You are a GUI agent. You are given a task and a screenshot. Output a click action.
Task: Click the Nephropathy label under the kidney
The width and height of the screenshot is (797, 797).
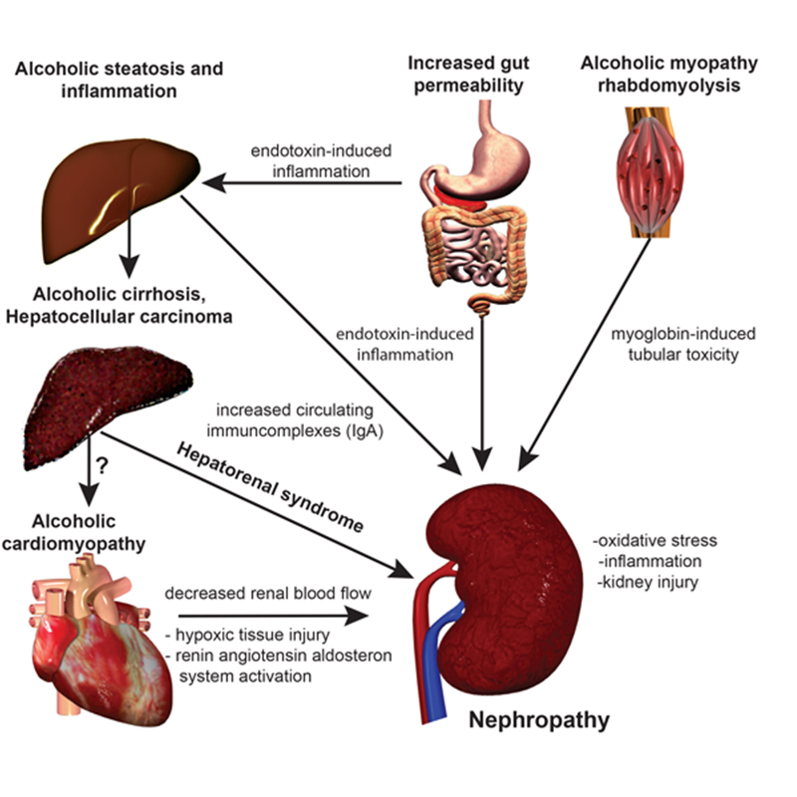[x=539, y=720]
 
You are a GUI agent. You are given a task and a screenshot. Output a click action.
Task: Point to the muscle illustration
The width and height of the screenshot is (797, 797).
[x=650, y=171]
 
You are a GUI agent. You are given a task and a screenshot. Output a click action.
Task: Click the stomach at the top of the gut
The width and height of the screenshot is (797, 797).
[x=495, y=152]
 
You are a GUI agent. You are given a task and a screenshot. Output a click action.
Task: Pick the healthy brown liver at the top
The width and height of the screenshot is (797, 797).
[x=120, y=198]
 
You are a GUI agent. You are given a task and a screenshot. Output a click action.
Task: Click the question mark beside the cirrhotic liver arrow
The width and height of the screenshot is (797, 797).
[x=103, y=465]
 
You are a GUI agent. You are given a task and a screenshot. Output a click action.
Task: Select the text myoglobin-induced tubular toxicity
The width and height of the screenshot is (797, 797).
[x=683, y=344]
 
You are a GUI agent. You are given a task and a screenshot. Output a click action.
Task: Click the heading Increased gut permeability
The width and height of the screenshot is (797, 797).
[x=468, y=74]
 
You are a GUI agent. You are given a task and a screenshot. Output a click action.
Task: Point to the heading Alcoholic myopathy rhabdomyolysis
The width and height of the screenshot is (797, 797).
[x=668, y=74]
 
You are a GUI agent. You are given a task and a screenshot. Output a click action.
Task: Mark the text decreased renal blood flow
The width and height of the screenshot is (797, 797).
[x=268, y=593]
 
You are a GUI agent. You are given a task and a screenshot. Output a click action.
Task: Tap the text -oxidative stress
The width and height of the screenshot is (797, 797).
[x=656, y=540]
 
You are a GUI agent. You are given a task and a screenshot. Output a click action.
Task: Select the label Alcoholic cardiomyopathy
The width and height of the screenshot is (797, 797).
[x=74, y=532]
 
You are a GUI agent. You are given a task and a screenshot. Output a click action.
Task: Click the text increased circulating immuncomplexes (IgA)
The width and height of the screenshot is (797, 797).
[x=295, y=420]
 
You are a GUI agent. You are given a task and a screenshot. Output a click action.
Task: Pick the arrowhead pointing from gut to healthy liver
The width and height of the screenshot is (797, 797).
[x=214, y=183]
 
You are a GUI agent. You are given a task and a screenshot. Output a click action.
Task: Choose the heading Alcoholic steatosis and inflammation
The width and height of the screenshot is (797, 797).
[x=119, y=80]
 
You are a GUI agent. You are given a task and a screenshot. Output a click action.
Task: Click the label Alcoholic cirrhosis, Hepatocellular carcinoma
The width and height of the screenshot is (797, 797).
[x=119, y=306]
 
